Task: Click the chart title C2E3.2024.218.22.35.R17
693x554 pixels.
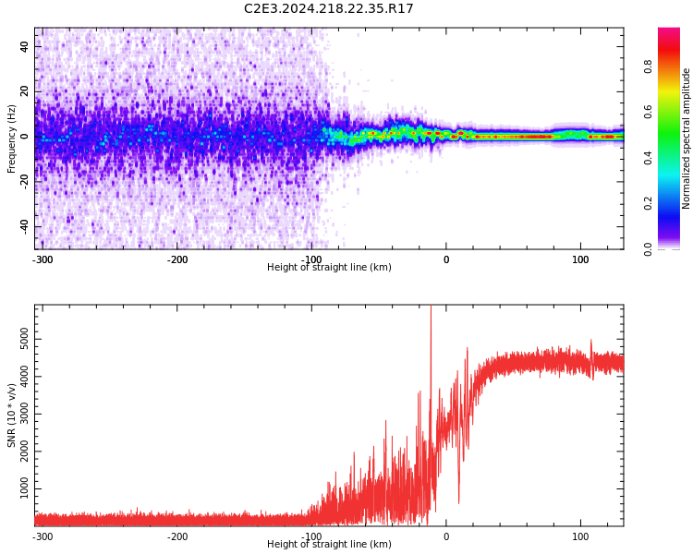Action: click(x=329, y=8)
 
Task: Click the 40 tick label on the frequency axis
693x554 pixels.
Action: click(x=24, y=46)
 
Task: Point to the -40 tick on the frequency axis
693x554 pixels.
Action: click(x=22, y=226)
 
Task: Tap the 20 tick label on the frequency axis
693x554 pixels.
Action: click(x=24, y=91)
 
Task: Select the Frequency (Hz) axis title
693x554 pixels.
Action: click(x=12, y=138)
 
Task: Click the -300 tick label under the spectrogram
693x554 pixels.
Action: click(x=43, y=259)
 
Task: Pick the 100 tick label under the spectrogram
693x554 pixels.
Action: click(x=580, y=259)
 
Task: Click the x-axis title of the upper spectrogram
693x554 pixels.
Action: click(x=329, y=268)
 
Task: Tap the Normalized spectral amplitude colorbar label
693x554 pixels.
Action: click(x=687, y=138)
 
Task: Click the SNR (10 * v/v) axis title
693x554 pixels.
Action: click(x=12, y=415)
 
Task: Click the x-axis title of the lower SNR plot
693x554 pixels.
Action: click(x=329, y=545)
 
